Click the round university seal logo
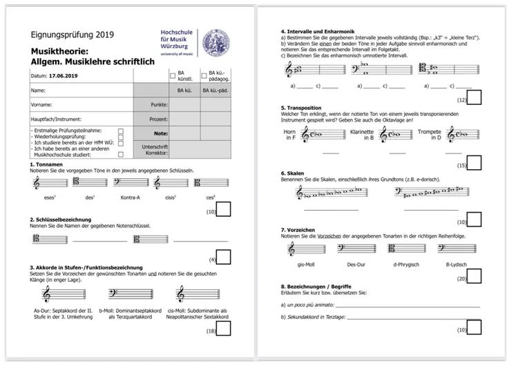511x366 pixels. pyautogui.click(x=215, y=44)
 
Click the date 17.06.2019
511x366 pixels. pyautogui.click(x=65, y=75)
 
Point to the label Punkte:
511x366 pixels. pyautogui.click(x=160, y=104)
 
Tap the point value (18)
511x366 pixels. pyautogui.click(x=211, y=331)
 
